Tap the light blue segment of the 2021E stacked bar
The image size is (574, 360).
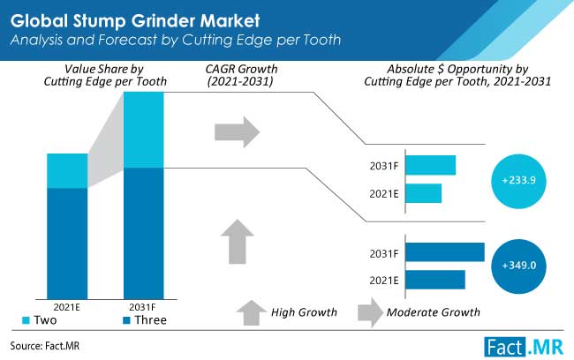click(x=67, y=170)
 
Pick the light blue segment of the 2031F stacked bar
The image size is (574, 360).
click(x=144, y=129)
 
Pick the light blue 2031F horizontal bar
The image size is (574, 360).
click(x=432, y=165)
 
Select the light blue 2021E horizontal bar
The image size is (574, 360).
click(x=425, y=193)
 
